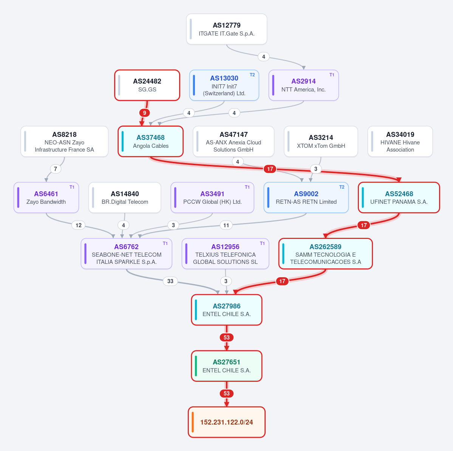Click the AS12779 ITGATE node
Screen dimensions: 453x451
click(227, 29)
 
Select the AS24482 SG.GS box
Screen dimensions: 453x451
click(147, 85)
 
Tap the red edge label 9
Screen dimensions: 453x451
click(144, 113)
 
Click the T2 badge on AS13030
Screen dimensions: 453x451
click(252, 75)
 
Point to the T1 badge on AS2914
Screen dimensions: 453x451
click(332, 75)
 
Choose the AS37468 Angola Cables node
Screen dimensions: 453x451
click(150, 141)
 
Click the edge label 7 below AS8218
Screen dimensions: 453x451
click(56, 169)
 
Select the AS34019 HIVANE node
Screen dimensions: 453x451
click(400, 141)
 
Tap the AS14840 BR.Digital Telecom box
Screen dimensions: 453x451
click(125, 197)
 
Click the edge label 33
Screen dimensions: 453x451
click(170, 281)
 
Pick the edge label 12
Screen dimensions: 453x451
click(79, 225)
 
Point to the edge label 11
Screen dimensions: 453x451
click(226, 225)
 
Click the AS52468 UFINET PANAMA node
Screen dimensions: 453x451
click(399, 197)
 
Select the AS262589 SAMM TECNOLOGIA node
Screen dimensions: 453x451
click(326, 254)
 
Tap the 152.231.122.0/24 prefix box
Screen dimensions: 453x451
click(227, 422)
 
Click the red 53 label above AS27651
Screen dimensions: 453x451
click(227, 337)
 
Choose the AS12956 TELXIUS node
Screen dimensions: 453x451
click(225, 254)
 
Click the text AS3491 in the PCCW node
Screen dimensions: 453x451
click(212, 194)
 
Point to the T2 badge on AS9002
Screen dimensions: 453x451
click(342, 187)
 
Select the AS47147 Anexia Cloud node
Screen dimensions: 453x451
click(233, 141)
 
